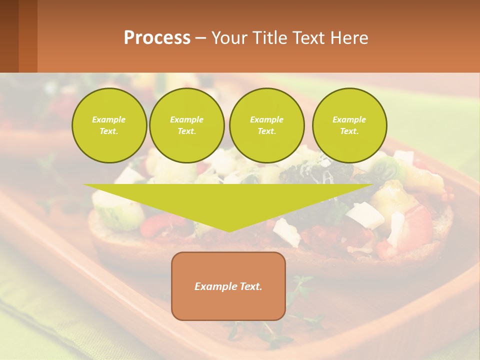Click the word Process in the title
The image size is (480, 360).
157,38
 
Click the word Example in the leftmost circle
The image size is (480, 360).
109,119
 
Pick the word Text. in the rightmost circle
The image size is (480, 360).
349,131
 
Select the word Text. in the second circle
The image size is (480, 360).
187,131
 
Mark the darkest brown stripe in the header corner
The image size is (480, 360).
9,36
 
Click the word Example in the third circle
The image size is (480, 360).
266,119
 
